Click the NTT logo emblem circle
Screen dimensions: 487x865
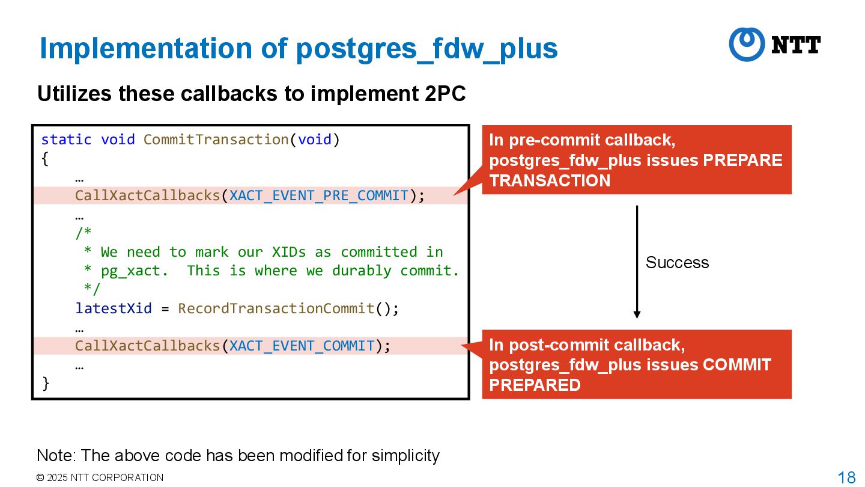tap(746, 44)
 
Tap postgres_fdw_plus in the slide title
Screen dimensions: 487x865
tap(426, 49)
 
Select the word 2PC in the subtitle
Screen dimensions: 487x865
tap(445, 94)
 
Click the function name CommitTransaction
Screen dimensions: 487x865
tap(216, 139)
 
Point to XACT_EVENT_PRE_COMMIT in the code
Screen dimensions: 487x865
tap(319, 196)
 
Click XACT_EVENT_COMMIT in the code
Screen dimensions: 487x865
tap(302, 346)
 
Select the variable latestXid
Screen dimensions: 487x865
tap(114, 308)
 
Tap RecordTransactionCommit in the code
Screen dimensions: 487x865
tap(276, 308)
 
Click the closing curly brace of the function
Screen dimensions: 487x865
tap(46, 383)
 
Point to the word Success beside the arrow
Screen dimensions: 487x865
tap(677, 263)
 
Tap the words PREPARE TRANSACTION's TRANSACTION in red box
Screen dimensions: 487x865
tap(550, 180)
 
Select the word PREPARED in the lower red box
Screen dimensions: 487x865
tap(535, 385)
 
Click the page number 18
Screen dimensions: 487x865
tap(846, 478)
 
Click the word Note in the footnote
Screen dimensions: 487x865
tap(55, 456)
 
